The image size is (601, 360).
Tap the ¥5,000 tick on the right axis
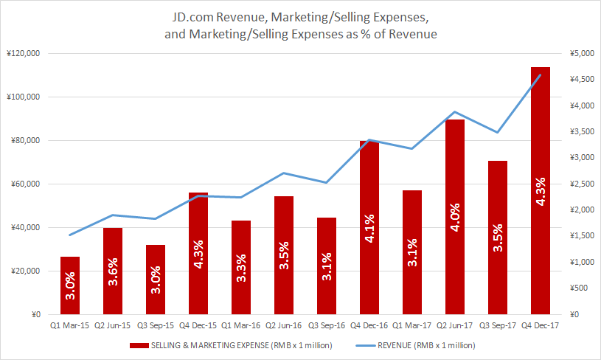coord(576,54)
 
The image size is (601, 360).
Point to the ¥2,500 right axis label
coord(576,184)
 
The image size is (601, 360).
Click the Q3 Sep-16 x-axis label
coord(327,325)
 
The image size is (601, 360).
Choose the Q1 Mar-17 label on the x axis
coord(412,325)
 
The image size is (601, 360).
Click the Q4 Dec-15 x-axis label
coord(198,325)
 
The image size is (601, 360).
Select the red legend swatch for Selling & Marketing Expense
coord(139,345)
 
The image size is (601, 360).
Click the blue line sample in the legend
coord(370,345)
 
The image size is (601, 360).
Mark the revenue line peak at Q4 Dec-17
coord(541,75)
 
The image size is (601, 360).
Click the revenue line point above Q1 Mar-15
coord(70,235)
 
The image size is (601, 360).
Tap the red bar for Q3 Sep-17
coord(498,221)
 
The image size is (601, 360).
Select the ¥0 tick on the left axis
coord(35,315)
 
